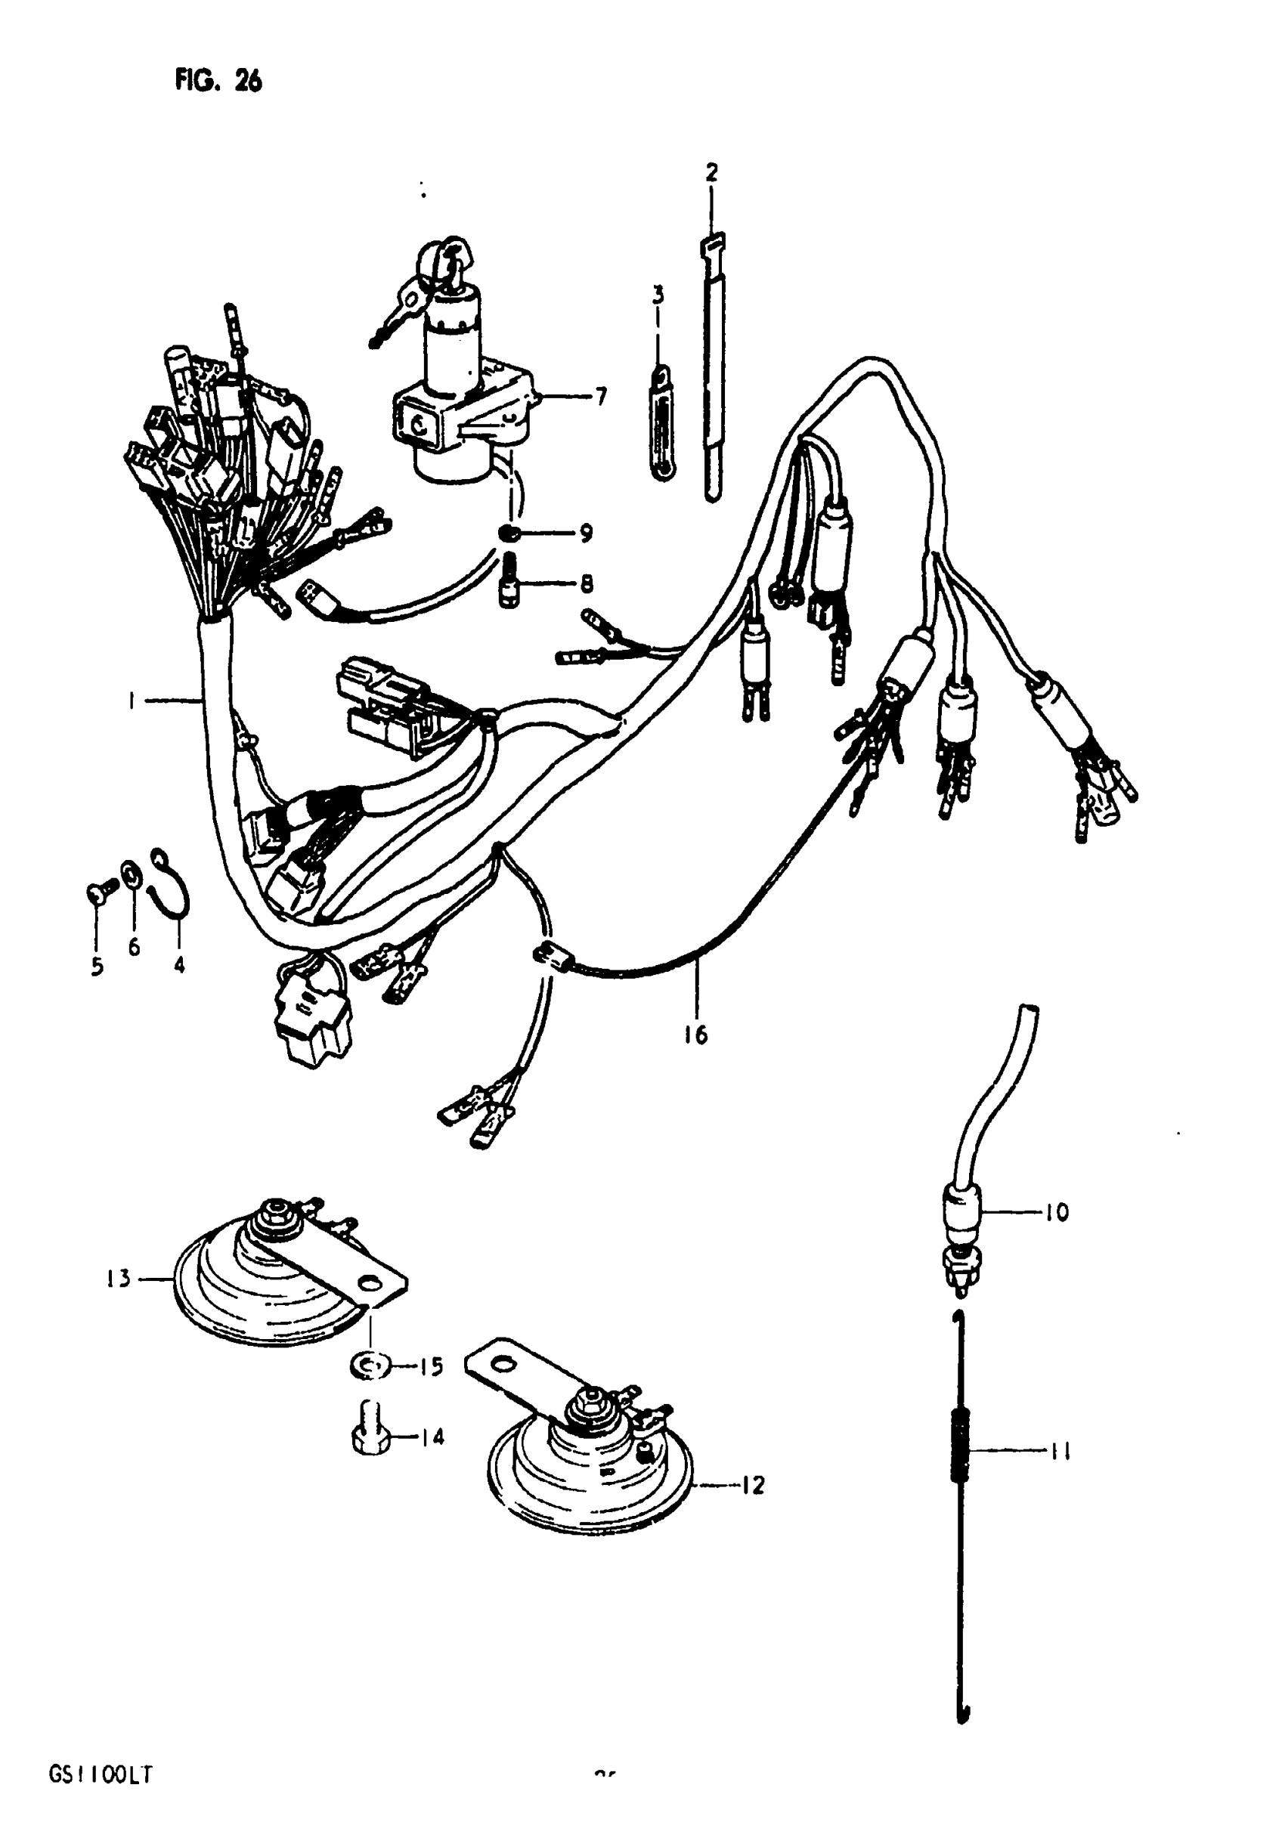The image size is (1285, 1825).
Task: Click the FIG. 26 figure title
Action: point(218,81)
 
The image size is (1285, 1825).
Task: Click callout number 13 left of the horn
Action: point(119,1279)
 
